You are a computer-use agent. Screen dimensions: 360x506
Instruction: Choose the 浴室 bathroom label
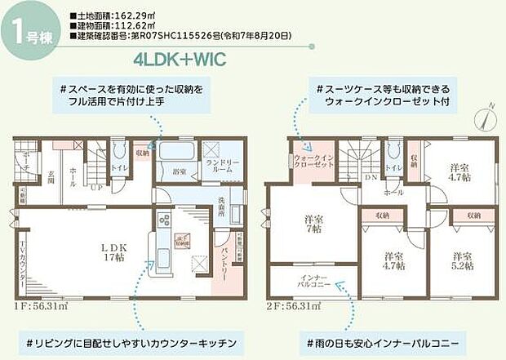click(179, 173)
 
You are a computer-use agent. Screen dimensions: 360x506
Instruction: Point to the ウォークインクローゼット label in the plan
click(313, 162)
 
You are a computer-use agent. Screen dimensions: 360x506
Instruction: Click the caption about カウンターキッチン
click(138, 340)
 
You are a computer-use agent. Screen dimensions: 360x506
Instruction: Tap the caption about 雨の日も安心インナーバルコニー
click(383, 340)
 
